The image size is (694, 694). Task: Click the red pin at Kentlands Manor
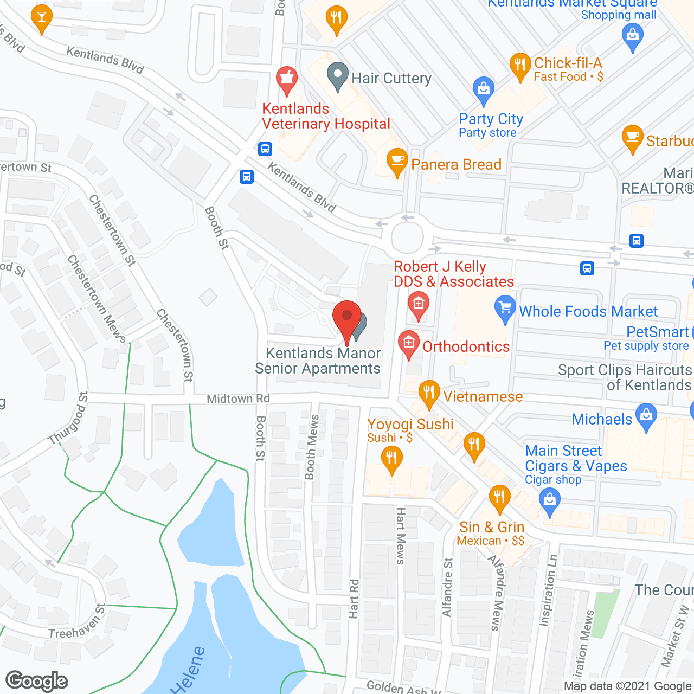(x=347, y=317)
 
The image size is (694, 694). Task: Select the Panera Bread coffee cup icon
(x=397, y=160)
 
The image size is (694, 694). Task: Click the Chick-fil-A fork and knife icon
(x=520, y=65)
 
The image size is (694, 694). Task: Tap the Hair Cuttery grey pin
(x=338, y=76)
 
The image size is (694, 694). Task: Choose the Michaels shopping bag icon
(x=646, y=416)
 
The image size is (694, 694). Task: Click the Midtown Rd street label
(x=238, y=399)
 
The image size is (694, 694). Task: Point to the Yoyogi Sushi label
(x=410, y=424)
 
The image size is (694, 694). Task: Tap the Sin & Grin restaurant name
(x=492, y=527)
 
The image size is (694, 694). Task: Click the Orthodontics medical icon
(x=409, y=343)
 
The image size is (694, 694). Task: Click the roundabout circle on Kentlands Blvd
(x=407, y=237)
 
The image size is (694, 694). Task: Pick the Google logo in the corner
(x=37, y=681)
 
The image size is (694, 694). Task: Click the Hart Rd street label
(x=354, y=599)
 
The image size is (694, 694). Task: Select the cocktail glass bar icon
(x=42, y=17)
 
